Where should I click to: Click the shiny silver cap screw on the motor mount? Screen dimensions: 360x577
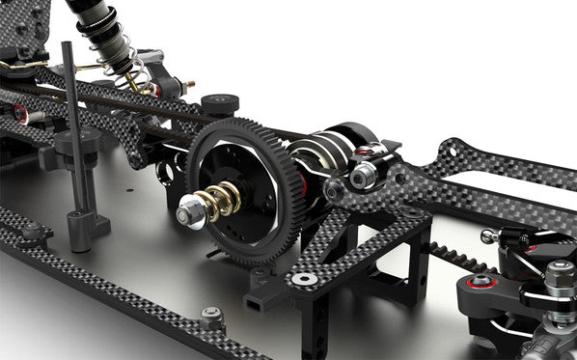[x=364, y=176]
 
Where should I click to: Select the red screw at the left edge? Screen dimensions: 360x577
[x=20, y=113]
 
